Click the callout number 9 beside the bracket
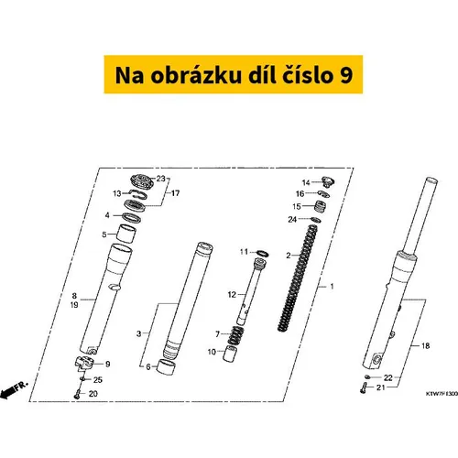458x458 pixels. point(107,364)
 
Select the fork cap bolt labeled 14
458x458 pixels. point(328,181)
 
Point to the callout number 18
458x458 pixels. point(425,345)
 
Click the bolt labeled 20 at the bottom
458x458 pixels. point(78,394)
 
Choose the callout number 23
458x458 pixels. point(161,179)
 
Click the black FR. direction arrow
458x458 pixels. point(8,391)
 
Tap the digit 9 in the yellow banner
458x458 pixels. point(345,75)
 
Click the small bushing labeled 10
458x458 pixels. point(231,354)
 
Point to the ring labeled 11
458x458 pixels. point(263,253)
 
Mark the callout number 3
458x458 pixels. point(138,333)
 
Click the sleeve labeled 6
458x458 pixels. point(166,366)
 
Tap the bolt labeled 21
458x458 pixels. point(364,388)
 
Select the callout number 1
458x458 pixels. point(332,287)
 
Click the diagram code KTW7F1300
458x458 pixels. point(442,394)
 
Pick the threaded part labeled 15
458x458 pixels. point(320,207)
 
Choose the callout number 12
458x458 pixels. point(232,295)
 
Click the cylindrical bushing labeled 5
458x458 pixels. point(126,234)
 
